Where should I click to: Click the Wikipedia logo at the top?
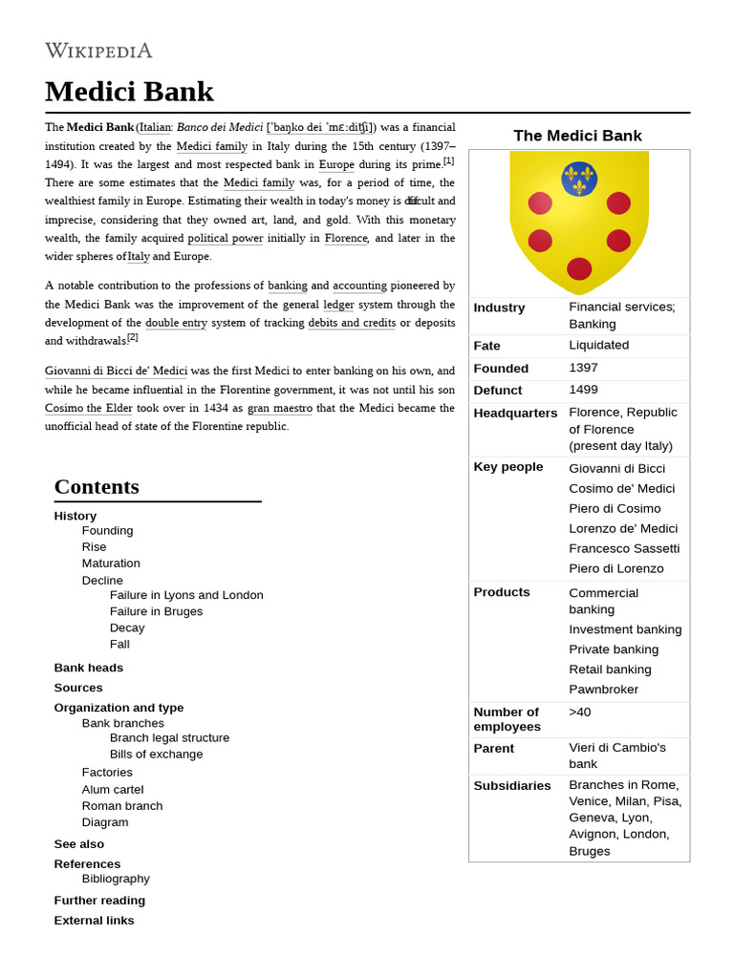(98, 51)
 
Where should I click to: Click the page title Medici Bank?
(129, 92)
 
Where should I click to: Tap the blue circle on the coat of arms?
(579, 179)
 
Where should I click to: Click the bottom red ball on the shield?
(579, 268)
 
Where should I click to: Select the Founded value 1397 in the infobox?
(583, 368)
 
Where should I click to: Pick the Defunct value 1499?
(583, 390)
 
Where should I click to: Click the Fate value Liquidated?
(598, 345)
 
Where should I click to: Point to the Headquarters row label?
(515, 413)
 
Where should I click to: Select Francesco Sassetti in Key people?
(624, 548)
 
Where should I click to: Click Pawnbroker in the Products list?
(603, 689)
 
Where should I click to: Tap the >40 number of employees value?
(580, 712)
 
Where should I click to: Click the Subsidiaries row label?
(512, 785)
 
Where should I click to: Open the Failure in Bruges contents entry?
(156, 611)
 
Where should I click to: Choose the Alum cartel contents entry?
(113, 789)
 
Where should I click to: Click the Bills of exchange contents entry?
(156, 754)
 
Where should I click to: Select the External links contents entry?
(94, 920)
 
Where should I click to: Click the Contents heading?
(97, 486)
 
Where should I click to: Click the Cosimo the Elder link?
(89, 408)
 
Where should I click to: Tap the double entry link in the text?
(176, 323)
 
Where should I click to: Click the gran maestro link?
(279, 408)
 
